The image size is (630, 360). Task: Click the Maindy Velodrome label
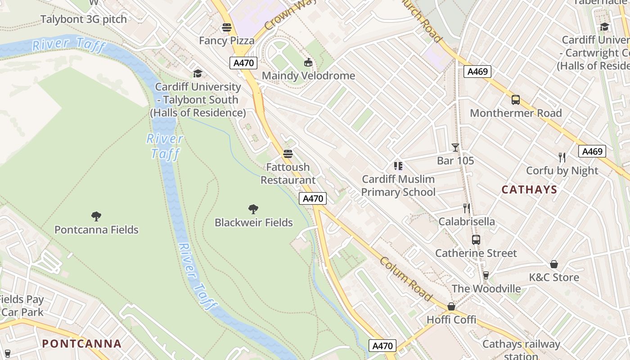pyautogui.click(x=308, y=76)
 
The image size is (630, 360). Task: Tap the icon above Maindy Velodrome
pyautogui.click(x=308, y=62)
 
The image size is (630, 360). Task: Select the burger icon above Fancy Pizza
pyautogui.click(x=227, y=27)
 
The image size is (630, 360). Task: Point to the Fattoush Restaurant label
pyautogui.click(x=288, y=173)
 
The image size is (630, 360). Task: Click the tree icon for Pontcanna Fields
pyautogui.click(x=96, y=216)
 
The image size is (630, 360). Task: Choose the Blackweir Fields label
pyautogui.click(x=253, y=222)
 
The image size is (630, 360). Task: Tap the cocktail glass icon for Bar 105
pyautogui.click(x=455, y=147)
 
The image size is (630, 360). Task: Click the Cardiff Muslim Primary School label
pyautogui.click(x=398, y=185)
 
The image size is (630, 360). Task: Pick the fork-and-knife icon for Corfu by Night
pyautogui.click(x=562, y=157)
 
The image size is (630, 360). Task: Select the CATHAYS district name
pyautogui.click(x=529, y=189)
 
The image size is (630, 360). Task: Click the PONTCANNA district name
pyautogui.click(x=81, y=344)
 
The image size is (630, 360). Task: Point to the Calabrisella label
pyautogui.click(x=467, y=221)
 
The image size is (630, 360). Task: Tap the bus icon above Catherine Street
pyautogui.click(x=476, y=239)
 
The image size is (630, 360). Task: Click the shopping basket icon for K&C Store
pyautogui.click(x=554, y=264)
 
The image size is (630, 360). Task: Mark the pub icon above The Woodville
pyautogui.click(x=486, y=275)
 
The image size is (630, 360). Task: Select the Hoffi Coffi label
pyautogui.click(x=451, y=319)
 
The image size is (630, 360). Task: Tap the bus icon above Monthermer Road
pyautogui.click(x=516, y=100)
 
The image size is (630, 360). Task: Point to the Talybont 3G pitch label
pyautogui.click(x=84, y=19)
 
